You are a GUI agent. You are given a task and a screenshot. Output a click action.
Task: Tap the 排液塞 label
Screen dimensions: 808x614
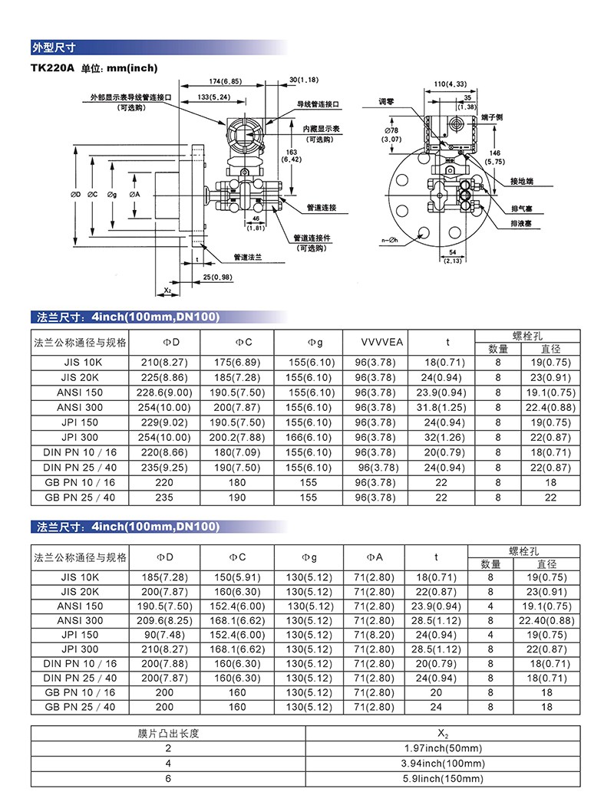523,222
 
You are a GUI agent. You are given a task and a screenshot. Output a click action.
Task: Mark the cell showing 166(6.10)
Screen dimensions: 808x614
309,437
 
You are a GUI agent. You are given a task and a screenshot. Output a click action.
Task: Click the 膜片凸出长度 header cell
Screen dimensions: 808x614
168,734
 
